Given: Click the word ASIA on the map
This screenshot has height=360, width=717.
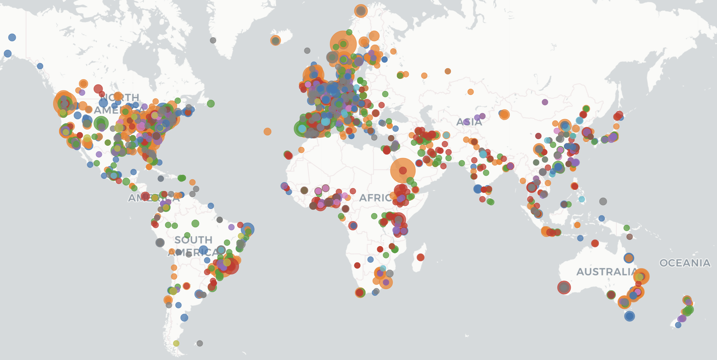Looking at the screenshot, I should [x=469, y=122].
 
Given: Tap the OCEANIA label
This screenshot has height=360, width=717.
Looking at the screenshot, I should [x=685, y=263].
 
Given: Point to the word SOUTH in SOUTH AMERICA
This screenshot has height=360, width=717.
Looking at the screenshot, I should [x=193, y=240].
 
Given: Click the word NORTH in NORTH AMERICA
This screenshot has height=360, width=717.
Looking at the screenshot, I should [x=120, y=97].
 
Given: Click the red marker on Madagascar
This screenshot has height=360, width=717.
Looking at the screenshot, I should [x=420, y=257].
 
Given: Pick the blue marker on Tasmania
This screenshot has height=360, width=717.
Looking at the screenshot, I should [x=629, y=316].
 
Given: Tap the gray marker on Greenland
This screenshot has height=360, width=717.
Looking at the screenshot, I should [x=213, y=40].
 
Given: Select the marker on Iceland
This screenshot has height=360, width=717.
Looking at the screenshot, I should [x=276, y=41].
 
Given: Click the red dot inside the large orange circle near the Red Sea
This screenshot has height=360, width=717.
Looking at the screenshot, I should [x=403, y=170].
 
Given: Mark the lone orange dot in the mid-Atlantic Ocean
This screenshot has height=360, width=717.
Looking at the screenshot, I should [x=267, y=131].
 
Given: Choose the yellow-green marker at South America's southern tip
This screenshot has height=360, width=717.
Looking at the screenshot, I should [x=176, y=343].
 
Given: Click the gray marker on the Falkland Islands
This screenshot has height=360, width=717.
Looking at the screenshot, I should [x=200, y=343].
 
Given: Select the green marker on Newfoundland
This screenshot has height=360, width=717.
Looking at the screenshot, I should [x=211, y=104].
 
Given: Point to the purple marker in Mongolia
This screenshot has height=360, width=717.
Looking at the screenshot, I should [x=545, y=102].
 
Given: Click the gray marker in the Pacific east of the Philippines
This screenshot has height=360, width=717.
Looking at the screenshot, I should [x=603, y=201].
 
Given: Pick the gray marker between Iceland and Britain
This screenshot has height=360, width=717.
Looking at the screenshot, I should [x=307, y=51].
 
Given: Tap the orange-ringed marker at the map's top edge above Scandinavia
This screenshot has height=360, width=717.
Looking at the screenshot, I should [x=361, y=11].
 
